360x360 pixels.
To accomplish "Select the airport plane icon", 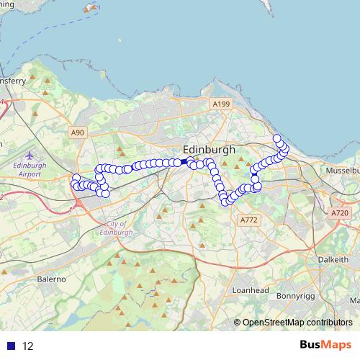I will click(x=28, y=156).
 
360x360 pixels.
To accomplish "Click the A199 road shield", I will click(x=221, y=104).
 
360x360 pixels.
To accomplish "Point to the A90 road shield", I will click(x=78, y=132).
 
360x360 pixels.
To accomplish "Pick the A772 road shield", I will click(x=249, y=220).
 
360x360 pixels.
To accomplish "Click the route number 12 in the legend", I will click(x=28, y=346).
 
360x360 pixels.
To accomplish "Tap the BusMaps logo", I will click(x=325, y=345).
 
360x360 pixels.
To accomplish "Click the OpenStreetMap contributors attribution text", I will click(x=297, y=323).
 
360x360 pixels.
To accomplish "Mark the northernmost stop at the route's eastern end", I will click(x=276, y=138).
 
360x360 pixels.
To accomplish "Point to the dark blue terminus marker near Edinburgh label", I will click(x=189, y=161).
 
